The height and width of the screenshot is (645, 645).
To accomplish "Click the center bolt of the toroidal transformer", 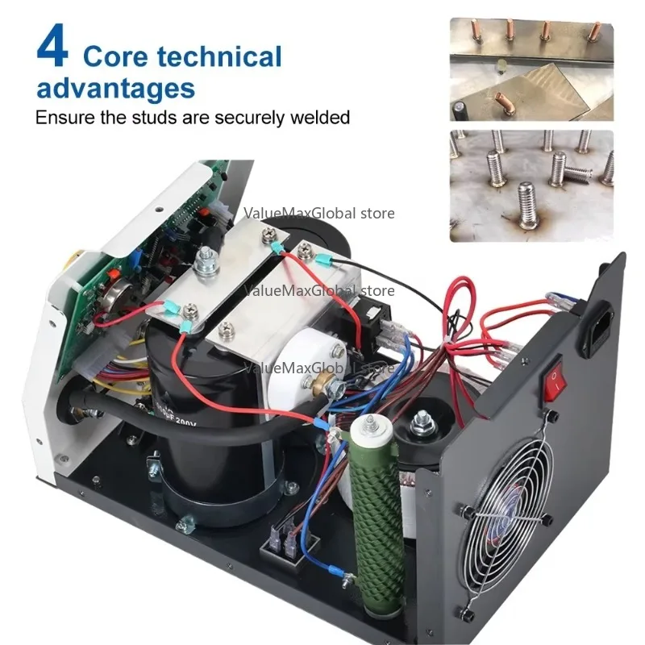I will (421, 420).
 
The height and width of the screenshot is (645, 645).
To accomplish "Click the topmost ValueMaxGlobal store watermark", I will (319, 214).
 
